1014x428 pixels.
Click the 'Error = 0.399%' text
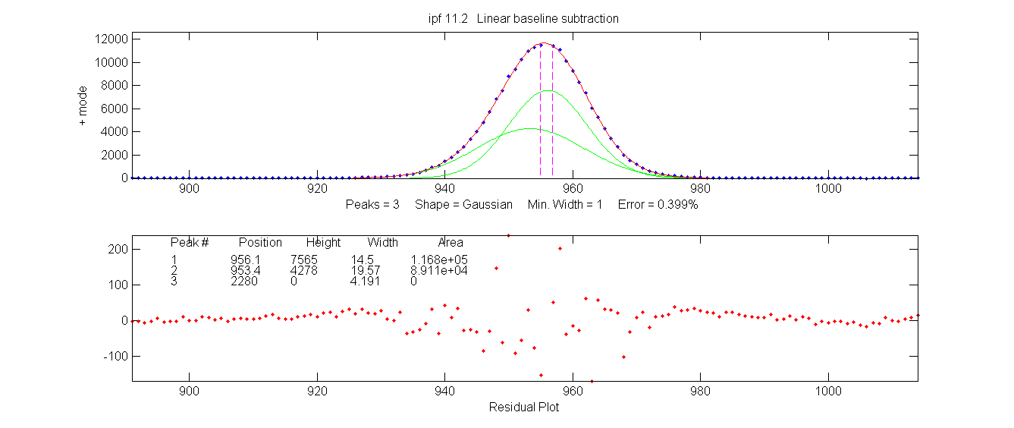pyautogui.click(x=658, y=205)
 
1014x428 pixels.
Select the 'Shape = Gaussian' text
pyautogui.click(x=463, y=205)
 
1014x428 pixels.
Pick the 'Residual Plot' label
pyautogui.click(x=524, y=407)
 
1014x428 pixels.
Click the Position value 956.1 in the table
pyautogui.click(x=246, y=260)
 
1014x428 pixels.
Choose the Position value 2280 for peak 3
pyautogui.click(x=244, y=282)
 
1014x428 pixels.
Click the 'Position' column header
pyautogui.click(x=260, y=243)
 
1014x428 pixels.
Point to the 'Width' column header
pyautogui.click(x=383, y=243)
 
